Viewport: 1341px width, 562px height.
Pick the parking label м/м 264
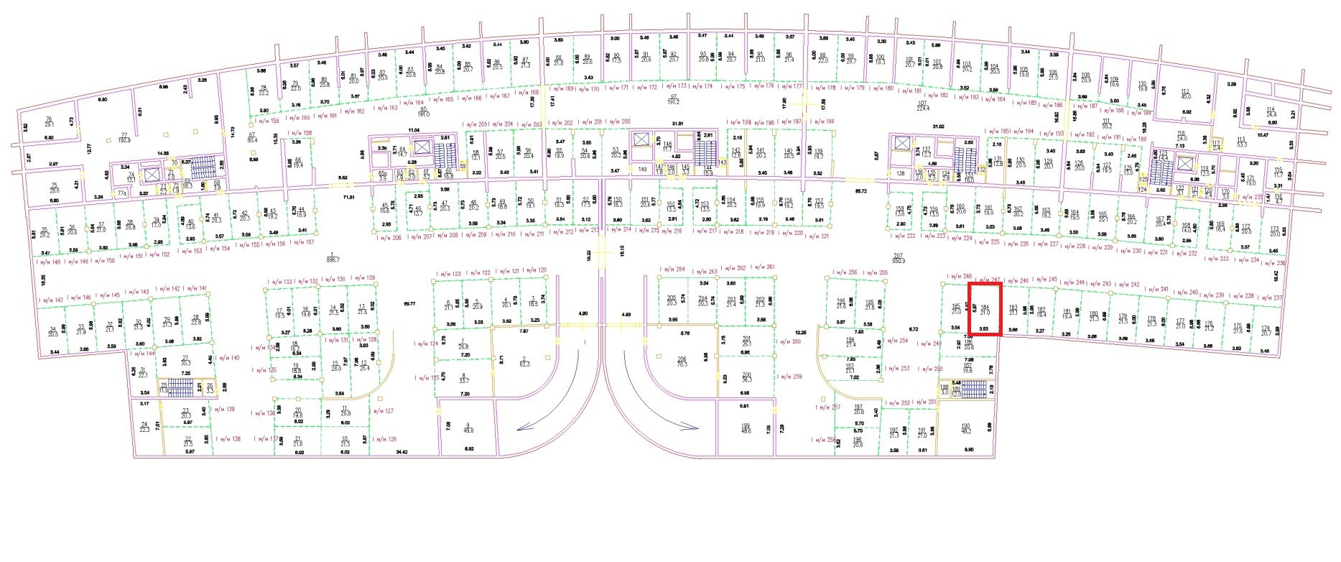672,270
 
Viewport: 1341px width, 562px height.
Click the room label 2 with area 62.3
524,361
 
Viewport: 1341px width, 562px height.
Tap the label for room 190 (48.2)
965,428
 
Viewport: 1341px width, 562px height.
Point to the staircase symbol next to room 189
975,390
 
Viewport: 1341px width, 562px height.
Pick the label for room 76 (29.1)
50,121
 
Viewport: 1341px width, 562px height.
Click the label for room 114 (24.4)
1271,112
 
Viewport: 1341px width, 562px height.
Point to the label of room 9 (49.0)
468,428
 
